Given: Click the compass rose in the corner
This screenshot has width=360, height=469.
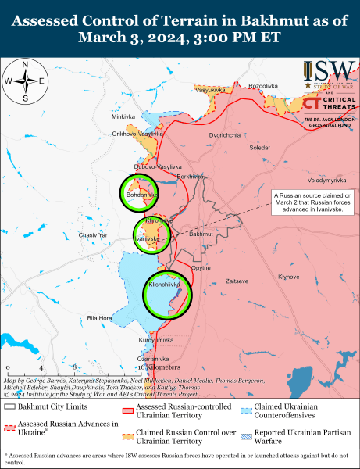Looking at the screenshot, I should coord(26,81).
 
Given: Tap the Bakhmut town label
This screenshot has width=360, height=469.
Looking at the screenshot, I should coord(201,234).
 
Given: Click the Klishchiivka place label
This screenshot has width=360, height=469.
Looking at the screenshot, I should coord(160,286).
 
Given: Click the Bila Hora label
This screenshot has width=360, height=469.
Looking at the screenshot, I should coord(99,318).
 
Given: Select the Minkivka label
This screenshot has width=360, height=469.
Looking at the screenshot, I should coord(123,116).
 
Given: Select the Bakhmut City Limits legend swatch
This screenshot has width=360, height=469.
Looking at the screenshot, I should coord(11,406).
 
